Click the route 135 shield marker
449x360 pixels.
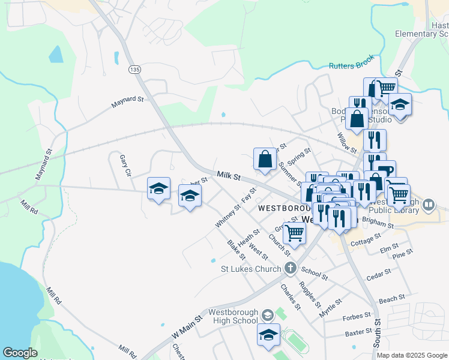(x=134, y=70)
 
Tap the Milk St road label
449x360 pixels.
(x=229, y=176)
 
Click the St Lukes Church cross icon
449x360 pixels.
(x=291, y=268)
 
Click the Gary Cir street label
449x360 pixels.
(x=125, y=164)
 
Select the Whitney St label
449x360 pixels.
(x=228, y=216)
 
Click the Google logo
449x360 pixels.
(x=20, y=353)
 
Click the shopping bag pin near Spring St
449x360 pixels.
(x=265, y=160)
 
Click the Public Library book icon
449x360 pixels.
(x=429, y=205)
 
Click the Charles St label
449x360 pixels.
(x=289, y=296)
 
